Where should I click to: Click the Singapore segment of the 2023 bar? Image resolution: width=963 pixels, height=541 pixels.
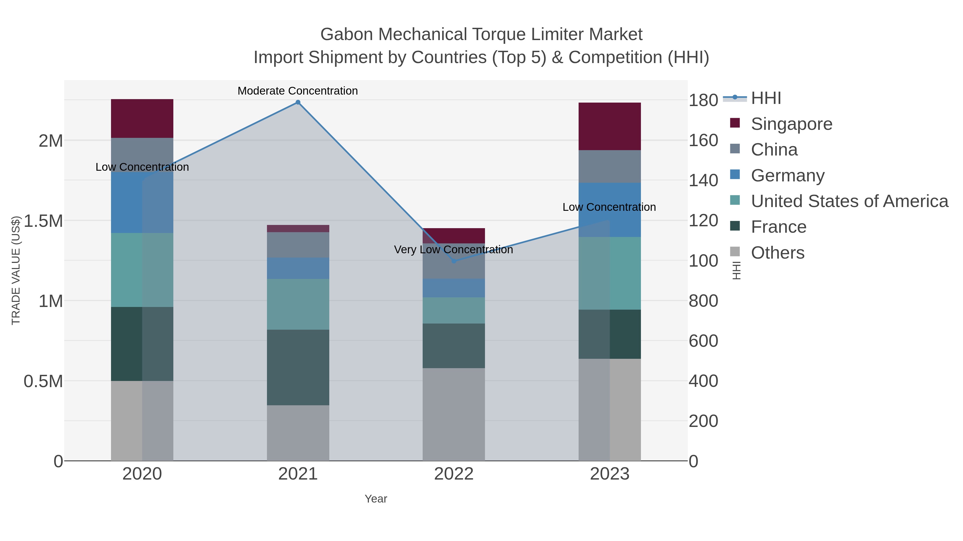pos(609,126)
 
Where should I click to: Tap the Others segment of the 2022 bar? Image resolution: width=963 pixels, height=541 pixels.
pos(453,414)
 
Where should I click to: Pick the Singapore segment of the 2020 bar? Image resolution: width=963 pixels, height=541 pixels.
pos(142,118)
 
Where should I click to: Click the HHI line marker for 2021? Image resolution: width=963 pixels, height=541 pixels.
pos(298,102)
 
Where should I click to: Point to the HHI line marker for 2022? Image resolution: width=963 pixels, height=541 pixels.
pos(454,261)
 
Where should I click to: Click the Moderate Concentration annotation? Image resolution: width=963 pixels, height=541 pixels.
pos(297,91)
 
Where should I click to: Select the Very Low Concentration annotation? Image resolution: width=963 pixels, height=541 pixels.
pos(453,250)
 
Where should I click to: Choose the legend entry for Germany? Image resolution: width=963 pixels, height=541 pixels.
pos(787,176)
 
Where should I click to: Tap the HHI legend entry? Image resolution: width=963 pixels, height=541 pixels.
pos(766,98)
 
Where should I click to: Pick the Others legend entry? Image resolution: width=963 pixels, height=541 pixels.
pos(777,253)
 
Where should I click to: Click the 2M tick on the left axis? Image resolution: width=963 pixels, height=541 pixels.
pos(51,141)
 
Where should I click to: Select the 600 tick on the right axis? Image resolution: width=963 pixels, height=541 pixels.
pos(703,341)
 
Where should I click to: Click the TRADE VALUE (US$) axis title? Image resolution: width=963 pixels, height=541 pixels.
pos(16,270)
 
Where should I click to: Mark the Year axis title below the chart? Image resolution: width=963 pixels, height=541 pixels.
pos(376,499)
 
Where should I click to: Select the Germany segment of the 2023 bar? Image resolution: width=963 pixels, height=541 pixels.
pos(609,209)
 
